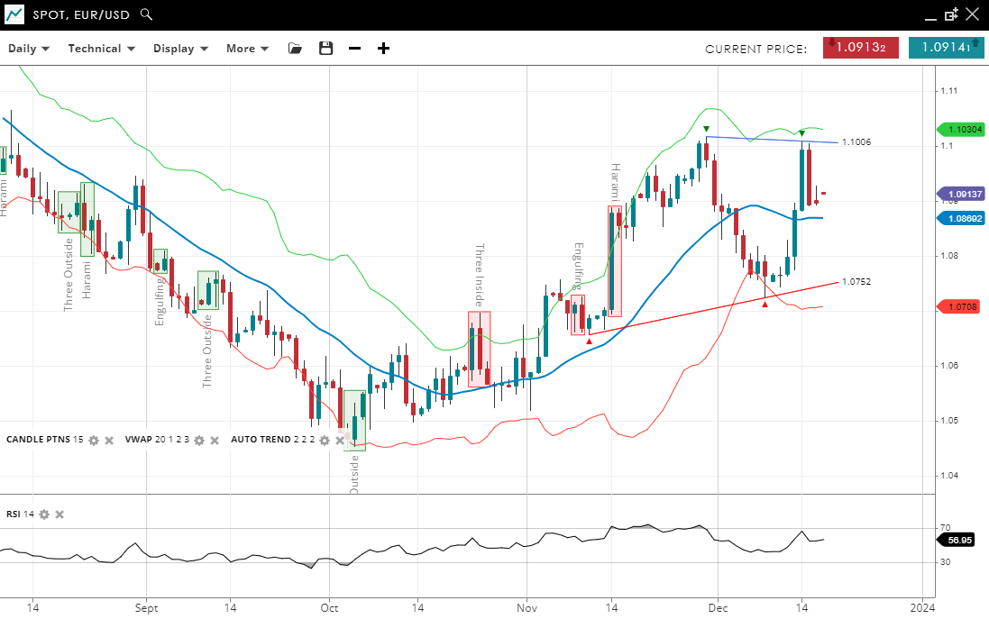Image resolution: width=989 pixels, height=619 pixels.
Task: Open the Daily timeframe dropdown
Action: tap(29, 49)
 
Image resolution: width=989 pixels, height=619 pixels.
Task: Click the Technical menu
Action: tap(101, 49)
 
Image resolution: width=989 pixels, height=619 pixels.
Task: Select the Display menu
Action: tap(180, 49)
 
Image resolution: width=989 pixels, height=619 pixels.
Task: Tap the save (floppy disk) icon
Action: tap(326, 49)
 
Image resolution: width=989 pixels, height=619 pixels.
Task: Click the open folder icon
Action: tap(295, 49)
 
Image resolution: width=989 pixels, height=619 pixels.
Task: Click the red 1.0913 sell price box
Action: tap(860, 48)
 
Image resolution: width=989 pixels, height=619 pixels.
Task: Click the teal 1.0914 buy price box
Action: tap(946, 48)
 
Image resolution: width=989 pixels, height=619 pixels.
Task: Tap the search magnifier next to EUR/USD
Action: tap(147, 15)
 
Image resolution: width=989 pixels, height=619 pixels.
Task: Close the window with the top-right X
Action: tap(972, 14)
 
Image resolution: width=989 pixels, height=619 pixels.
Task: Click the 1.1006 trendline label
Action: tap(856, 142)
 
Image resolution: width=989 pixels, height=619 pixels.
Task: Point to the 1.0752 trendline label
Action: tap(856, 282)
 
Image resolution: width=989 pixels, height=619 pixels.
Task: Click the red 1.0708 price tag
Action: tap(963, 307)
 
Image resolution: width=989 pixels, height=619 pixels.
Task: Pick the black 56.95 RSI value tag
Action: tap(960, 541)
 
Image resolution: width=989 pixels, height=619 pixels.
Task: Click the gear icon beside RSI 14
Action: tap(42, 514)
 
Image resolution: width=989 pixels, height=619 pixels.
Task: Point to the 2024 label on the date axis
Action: tap(922, 608)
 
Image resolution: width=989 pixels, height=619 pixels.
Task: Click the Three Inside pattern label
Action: tap(480, 276)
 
